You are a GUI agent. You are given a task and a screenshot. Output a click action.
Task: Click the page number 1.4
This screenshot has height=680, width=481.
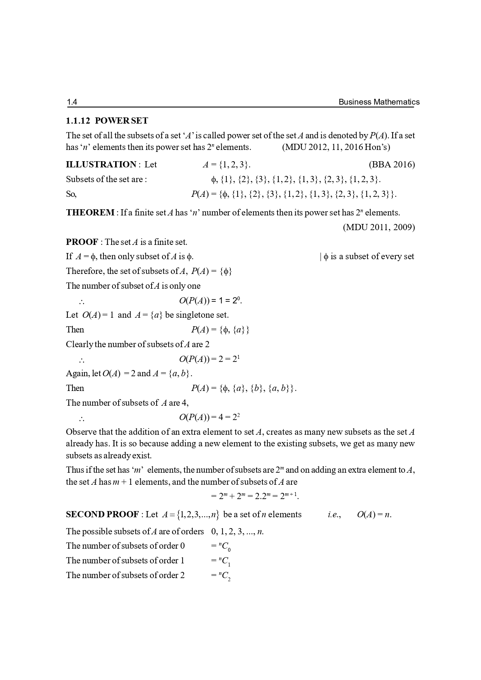pos(72,102)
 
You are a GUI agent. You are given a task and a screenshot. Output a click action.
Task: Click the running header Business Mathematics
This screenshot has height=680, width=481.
pos(379,102)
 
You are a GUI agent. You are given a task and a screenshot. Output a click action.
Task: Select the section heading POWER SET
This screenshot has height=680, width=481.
pos(121,121)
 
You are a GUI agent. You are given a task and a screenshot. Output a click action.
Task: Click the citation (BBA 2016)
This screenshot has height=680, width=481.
pos(391,165)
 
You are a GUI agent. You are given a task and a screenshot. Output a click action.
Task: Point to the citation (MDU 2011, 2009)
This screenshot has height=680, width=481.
pos(379,227)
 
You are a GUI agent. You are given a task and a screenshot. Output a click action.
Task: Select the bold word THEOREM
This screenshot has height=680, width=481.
pos(90,213)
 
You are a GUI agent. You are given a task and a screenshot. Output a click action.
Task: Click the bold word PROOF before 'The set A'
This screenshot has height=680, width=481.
pos(82,242)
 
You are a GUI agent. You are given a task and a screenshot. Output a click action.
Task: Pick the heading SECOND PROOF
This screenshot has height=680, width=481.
pos(102,515)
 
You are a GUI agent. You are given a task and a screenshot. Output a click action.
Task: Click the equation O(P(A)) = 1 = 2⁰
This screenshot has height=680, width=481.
pos(210,301)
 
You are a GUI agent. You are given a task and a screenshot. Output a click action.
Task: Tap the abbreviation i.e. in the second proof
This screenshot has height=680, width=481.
pos(334,515)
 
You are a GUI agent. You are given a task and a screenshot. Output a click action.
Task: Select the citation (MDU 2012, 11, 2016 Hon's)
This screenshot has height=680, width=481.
pos(336,147)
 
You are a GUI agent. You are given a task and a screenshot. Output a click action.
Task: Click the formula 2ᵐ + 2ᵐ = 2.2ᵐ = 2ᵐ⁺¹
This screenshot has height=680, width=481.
pos(255,496)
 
